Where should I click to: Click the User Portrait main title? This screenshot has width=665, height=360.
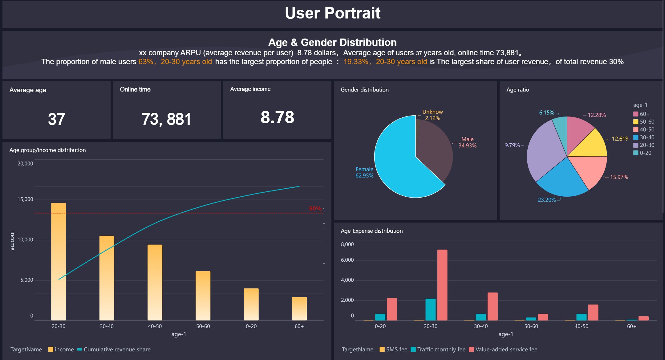coord(333,13)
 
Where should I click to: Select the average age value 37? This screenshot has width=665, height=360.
coord(56,119)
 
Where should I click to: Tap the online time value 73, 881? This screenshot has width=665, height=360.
coord(166,119)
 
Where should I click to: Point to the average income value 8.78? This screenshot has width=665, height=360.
coord(277,117)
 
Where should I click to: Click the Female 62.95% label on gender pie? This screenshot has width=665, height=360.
coord(364,172)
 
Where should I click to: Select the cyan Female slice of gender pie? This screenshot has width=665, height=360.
coord(397,163)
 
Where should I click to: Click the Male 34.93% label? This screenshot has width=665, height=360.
coord(467,142)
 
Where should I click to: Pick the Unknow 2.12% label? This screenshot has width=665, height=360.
coord(432,115)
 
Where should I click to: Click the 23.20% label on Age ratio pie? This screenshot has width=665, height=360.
coord(547,200)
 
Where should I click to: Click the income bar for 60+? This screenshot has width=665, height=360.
coord(299,309)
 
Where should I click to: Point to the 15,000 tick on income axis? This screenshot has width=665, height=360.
coord(25,199)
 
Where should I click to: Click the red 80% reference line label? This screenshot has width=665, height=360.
coord(315,209)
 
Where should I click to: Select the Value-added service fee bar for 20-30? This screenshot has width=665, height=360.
coord(442,285)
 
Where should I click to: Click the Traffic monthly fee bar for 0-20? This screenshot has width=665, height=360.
coord(380,317)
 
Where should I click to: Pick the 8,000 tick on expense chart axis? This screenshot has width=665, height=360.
coord(347,244)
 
